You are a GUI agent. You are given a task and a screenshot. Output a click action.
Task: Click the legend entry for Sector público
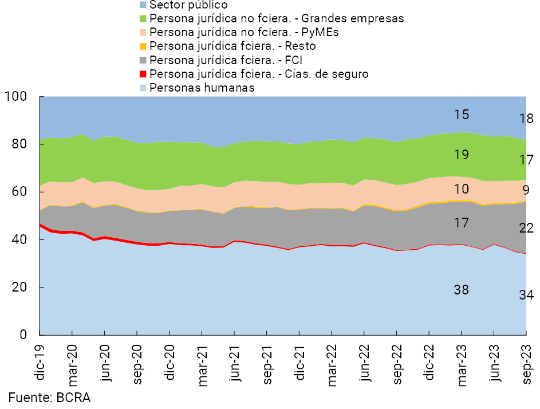(x=180, y=5)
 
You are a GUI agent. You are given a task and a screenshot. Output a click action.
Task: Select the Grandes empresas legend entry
(x=277, y=18)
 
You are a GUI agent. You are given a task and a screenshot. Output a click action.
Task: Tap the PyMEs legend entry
(x=244, y=32)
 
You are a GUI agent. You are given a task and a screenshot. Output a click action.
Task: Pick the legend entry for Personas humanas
(x=202, y=88)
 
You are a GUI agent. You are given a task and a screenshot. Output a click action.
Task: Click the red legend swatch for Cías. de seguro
(x=144, y=74)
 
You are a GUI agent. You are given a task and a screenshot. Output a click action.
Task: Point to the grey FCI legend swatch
(x=144, y=60)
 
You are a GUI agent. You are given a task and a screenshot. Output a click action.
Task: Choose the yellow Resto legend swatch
(x=144, y=46)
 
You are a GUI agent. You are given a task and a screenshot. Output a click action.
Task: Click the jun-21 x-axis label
(x=235, y=360)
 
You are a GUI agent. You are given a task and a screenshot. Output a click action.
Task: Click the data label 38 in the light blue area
(x=462, y=290)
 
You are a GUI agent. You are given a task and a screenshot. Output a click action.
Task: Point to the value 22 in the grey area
(x=526, y=228)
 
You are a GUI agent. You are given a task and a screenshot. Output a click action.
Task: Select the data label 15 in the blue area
(x=462, y=115)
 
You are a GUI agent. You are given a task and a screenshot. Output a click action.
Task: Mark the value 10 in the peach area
(x=462, y=189)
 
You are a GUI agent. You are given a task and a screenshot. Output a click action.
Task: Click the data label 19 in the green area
(x=462, y=154)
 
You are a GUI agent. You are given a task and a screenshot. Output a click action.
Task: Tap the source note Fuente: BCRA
(x=49, y=398)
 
